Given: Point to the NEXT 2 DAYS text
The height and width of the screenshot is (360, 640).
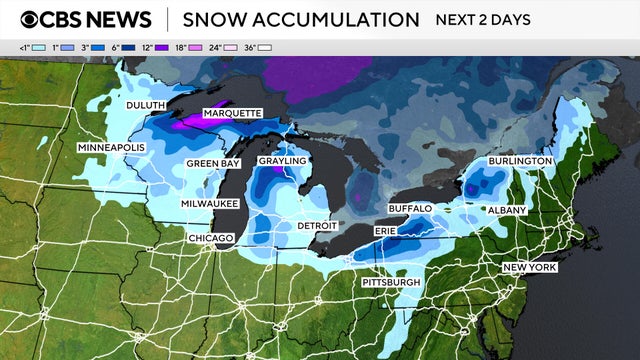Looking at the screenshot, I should tap(483, 20).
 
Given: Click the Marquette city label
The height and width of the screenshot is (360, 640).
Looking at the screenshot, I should tap(233, 113).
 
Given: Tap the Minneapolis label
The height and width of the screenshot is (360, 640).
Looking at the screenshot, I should tap(112, 148).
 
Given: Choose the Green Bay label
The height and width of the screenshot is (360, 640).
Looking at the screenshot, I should tap(212, 163).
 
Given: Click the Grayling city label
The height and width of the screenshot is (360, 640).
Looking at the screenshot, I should tap(282, 161).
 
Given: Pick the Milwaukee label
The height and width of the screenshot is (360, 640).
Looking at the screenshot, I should tap(209, 203).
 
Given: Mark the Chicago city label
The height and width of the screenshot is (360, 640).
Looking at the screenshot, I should tap(211, 238).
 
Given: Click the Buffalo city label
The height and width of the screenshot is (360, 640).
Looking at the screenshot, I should tap(410, 208).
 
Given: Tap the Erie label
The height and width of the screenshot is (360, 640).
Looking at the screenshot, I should tap(385, 231).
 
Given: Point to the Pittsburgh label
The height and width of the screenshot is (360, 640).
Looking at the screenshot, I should tap(392, 283).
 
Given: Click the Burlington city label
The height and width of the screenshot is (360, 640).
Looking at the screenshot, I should tap(520, 161).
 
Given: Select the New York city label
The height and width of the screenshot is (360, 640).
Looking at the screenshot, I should tap(529, 268).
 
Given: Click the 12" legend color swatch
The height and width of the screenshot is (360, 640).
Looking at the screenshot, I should tap(161, 48).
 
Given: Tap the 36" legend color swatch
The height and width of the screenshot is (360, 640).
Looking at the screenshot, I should tap(265, 48).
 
